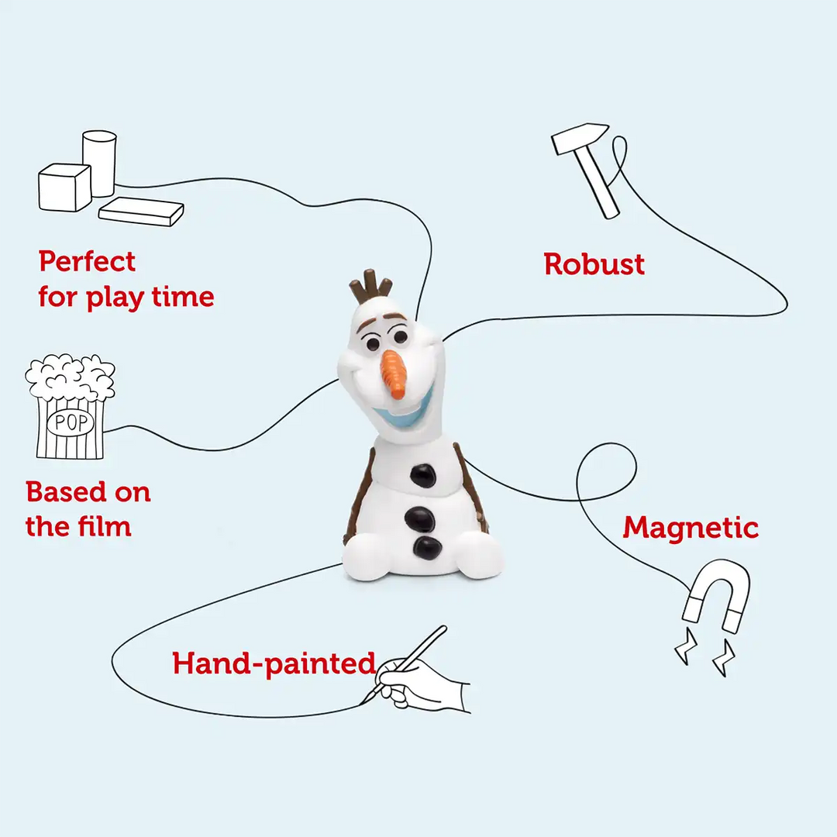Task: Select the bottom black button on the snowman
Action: pos(427,547)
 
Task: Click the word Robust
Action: pos(594,264)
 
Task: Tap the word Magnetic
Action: pos(691,528)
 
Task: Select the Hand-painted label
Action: pos(274,663)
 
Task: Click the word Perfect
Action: pos(87,262)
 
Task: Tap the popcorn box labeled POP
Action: pos(70,408)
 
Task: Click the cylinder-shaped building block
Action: pos(100,162)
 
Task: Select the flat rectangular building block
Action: pos(141,211)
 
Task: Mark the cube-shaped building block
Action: pos(65,187)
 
